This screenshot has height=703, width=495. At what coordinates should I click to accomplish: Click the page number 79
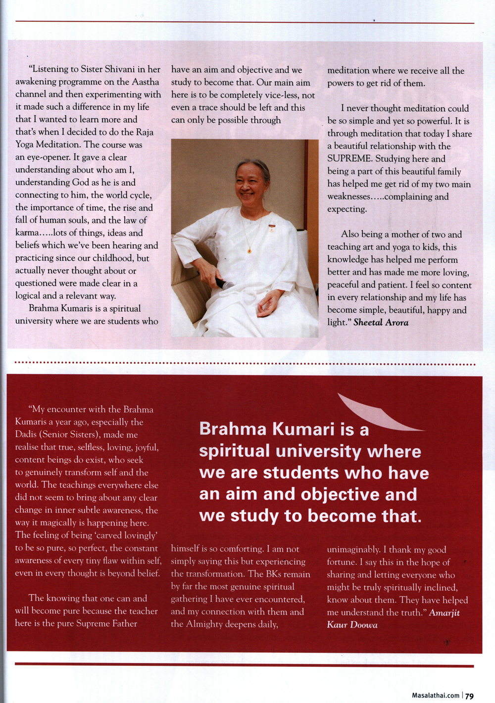pyautogui.click(x=469, y=696)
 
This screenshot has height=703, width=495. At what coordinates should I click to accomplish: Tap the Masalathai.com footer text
pyautogui.click(x=435, y=696)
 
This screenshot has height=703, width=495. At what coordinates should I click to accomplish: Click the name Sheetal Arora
pyautogui.click(x=381, y=323)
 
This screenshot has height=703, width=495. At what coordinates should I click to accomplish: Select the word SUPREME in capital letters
pyautogui.click(x=349, y=159)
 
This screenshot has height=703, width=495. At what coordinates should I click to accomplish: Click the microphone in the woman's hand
pyautogui.click(x=223, y=285)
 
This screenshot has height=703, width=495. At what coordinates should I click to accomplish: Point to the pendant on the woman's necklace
pyautogui.click(x=249, y=251)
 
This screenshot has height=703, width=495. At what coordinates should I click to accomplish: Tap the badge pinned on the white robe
pyautogui.click(x=271, y=228)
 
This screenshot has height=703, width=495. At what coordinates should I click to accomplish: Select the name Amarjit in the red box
pyautogui.click(x=444, y=613)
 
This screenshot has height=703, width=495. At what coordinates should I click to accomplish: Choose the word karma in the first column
pyautogui.click(x=27, y=233)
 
